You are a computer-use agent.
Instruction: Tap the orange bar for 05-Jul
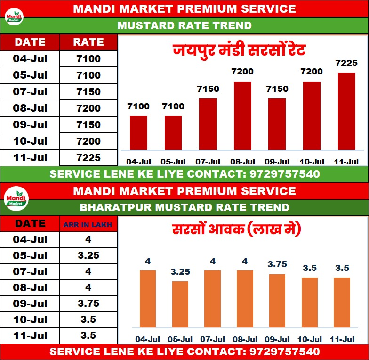(180, 304)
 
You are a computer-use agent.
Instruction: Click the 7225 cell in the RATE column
(88, 157)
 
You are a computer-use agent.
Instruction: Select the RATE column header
(88, 42)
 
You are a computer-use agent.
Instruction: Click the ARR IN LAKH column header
(88, 225)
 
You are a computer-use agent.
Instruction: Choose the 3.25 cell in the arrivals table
(88, 255)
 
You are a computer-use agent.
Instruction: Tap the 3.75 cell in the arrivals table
(88, 303)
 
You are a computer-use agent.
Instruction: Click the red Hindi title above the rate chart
(239, 49)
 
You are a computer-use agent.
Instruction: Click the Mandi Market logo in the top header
(14, 17)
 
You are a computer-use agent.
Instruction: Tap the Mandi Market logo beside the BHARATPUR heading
(16, 199)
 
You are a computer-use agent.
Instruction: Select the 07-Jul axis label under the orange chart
(213, 339)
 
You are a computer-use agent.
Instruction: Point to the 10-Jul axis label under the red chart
(312, 162)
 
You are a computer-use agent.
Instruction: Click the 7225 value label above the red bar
(346, 63)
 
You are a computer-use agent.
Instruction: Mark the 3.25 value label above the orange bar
(180, 272)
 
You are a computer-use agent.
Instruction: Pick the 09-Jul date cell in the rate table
(31, 124)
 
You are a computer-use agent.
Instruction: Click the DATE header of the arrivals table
(31, 223)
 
